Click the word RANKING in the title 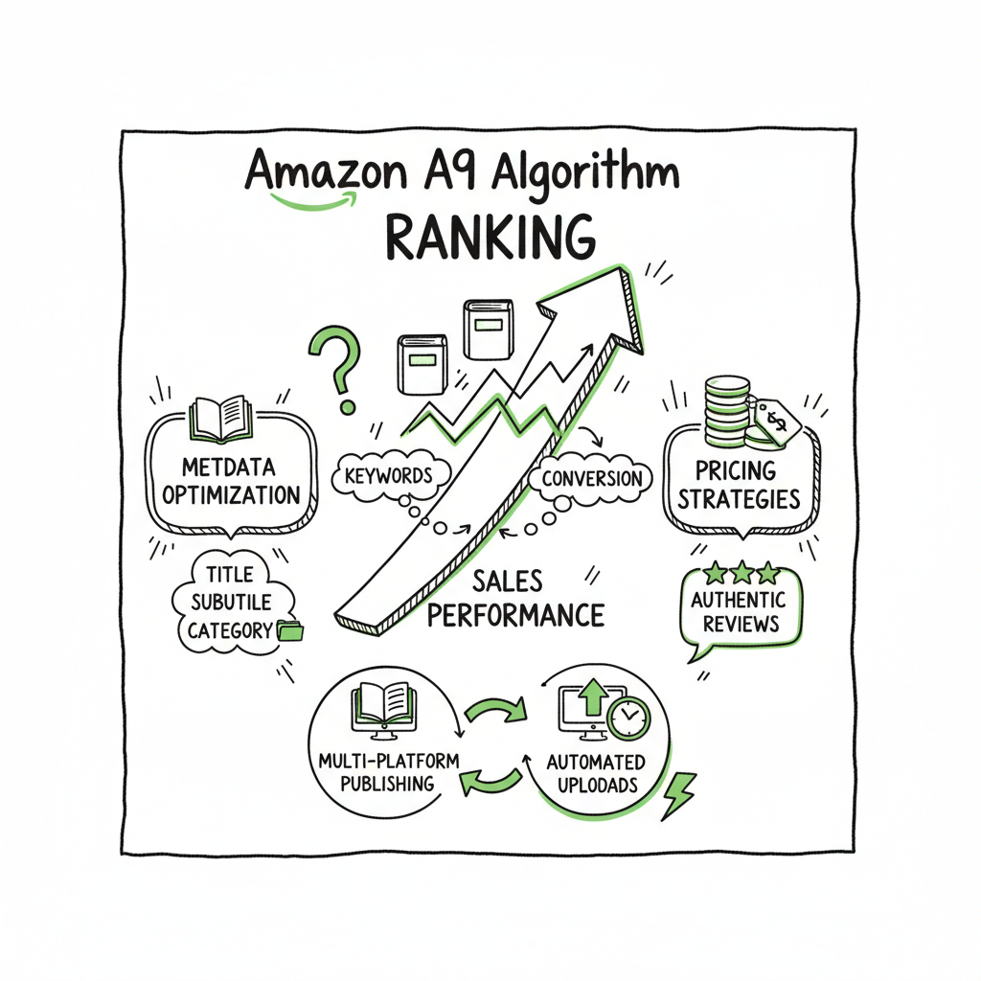489,237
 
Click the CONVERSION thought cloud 591,478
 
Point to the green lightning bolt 678,794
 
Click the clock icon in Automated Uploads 628,717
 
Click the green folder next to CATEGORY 287,630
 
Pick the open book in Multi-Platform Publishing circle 383,705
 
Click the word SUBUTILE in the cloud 231,603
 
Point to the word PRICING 736,470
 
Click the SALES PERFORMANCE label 515,598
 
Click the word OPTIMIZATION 231,496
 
